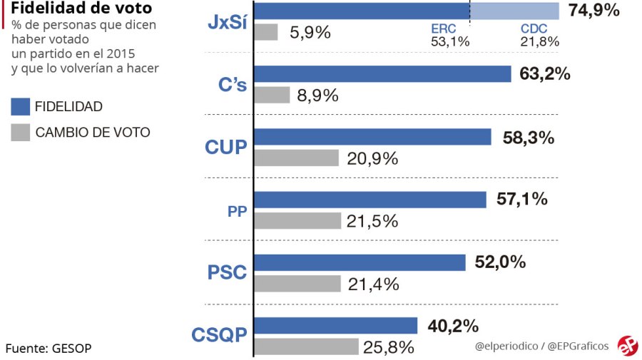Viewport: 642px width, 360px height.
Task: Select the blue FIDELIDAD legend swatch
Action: tap(21, 106)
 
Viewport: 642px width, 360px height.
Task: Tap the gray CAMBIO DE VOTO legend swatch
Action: tap(21, 132)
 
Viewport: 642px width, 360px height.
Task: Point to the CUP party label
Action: tap(225, 148)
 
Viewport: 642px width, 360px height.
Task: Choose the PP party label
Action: tap(238, 211)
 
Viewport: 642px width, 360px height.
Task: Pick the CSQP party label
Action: tap(220, 335)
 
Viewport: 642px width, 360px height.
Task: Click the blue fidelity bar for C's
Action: tap(382, 74)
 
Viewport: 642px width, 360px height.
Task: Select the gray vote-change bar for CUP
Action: tap(296, 158)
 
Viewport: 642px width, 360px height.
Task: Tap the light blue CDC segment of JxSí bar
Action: tap(514, 11)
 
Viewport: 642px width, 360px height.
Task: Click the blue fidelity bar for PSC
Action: tap(360, 262)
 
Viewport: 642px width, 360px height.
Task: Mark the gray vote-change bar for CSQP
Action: tap(306, 347)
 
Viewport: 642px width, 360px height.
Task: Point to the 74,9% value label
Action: tap(594, 11)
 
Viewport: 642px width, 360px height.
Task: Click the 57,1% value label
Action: tap(521, 200)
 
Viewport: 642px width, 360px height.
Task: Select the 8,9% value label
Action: tap(317, 96)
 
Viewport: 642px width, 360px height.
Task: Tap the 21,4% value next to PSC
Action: tap(373, 284)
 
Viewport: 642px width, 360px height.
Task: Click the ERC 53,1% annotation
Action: tap(449, 36)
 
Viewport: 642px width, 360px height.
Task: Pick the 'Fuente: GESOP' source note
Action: tap(49, 349)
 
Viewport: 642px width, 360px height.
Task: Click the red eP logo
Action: tap(627, 345)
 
